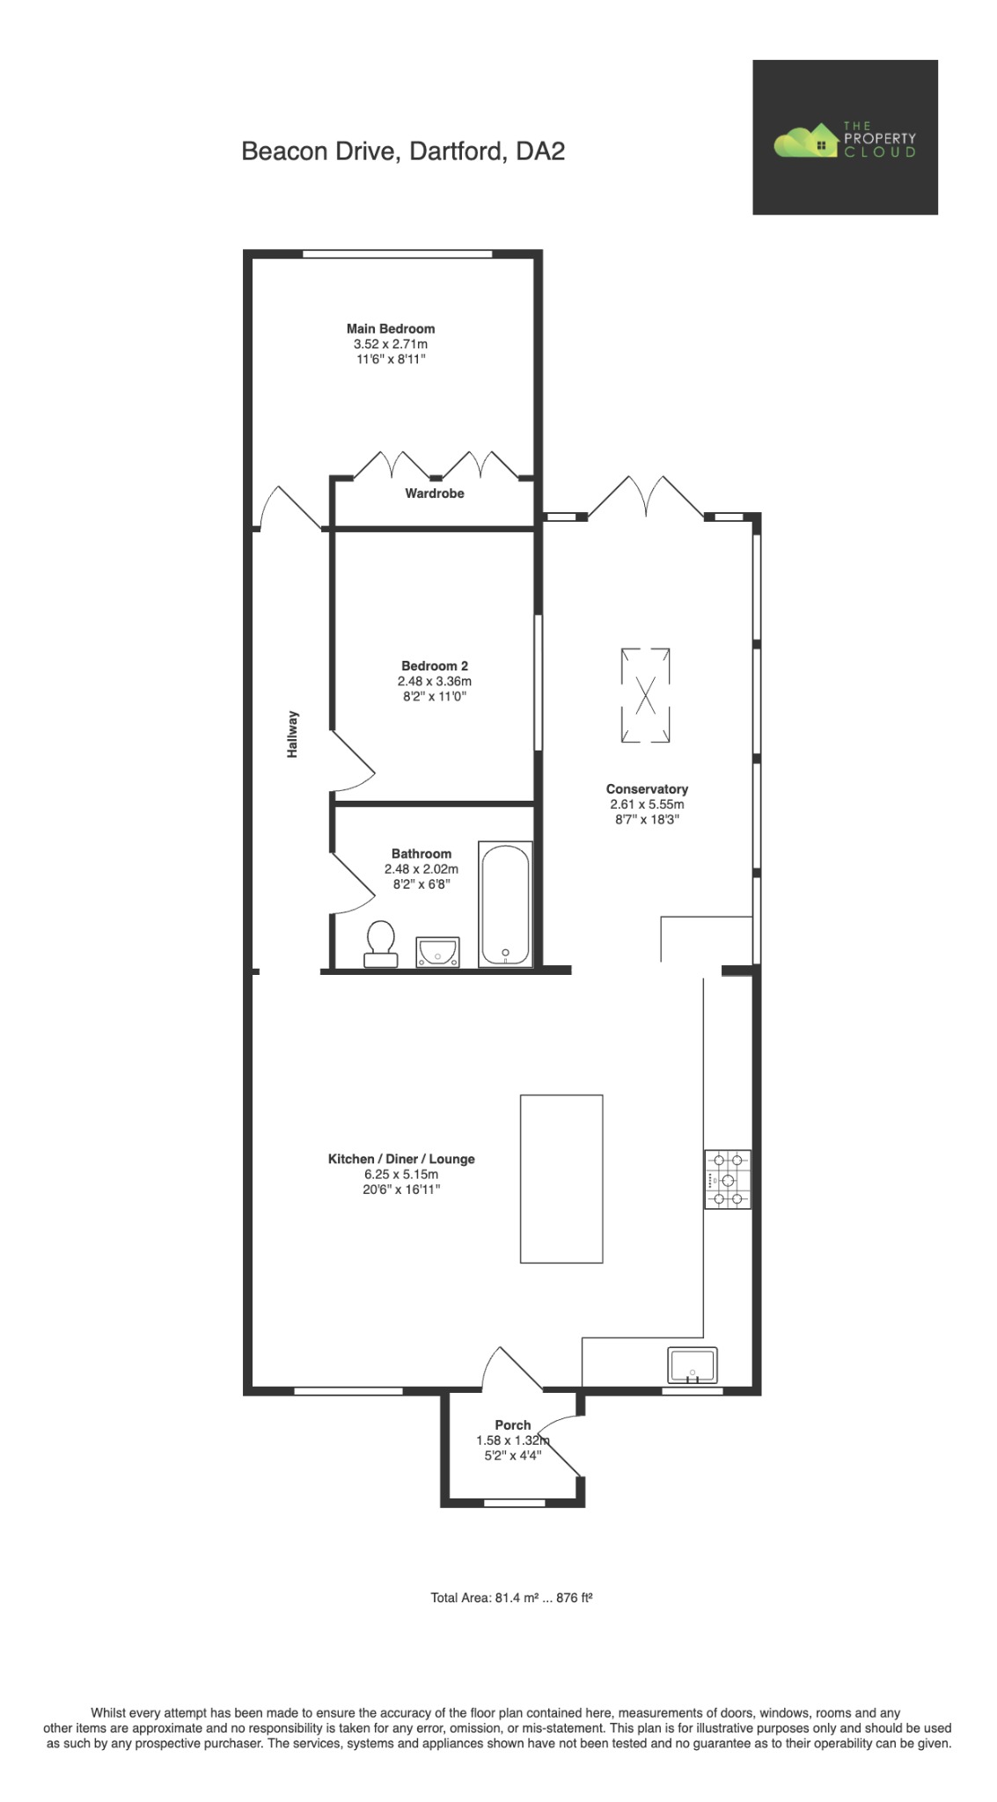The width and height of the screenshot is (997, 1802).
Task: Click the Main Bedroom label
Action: click(390, 328)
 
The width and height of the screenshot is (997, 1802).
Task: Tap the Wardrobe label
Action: click(434, 494)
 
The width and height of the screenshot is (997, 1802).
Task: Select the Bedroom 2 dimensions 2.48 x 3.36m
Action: click(434, 681)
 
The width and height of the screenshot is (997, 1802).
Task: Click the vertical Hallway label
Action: click(293, 734)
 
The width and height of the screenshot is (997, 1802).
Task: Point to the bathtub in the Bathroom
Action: click(505, 905)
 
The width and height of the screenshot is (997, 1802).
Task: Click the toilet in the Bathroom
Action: click(381, 944)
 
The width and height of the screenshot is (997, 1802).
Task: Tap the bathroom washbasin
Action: click(437, 951)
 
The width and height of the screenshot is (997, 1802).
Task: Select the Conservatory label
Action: click(647, 789)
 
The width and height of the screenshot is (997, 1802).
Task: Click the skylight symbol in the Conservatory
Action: click(645, 695)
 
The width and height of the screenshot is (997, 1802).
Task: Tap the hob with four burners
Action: click(727, 1179)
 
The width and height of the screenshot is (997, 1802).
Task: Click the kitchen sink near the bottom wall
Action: click(693, 1366)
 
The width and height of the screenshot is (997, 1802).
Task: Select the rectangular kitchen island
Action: click(561, 1178)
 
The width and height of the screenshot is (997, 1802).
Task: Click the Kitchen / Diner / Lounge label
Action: click(401, 1159)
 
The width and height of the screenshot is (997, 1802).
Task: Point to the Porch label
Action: click(512, 1425)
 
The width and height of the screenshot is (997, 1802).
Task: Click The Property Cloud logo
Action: click(844, 138)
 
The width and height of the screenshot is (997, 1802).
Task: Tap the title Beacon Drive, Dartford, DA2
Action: click(403, 151)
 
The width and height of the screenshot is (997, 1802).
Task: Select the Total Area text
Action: click(510, 1597)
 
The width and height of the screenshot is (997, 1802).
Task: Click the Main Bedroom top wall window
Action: click(397, 254)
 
